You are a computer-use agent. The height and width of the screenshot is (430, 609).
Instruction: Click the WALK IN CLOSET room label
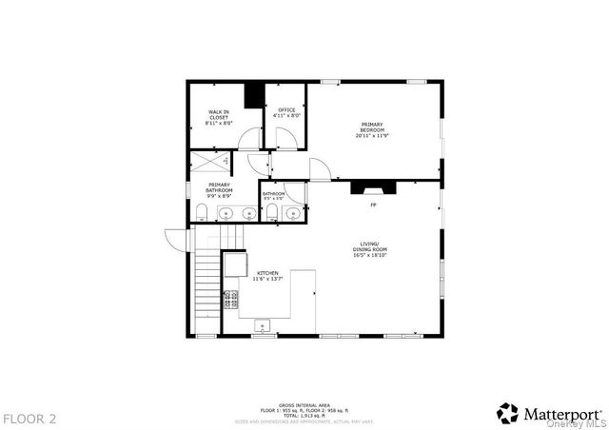(x=219, y=115)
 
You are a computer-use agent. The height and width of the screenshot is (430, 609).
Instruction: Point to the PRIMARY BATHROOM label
(x=219, y=188)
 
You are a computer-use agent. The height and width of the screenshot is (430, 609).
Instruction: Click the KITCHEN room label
(x=266, y=276)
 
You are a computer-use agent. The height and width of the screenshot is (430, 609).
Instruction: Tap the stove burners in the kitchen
(x=230, y=301)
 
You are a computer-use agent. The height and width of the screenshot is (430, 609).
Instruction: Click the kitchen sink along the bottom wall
(x=262, y=327)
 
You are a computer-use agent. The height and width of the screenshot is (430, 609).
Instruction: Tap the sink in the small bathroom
(x=290, y=213)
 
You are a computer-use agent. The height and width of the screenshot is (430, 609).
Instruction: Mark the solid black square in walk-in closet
(x=253, y=96)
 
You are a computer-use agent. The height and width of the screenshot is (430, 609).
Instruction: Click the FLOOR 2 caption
(x=29, y=418)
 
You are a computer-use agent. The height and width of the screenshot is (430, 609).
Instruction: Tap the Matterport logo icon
(x=507, y=413)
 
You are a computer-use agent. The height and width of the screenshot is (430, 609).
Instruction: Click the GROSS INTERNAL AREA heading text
(x=304, y=404)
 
